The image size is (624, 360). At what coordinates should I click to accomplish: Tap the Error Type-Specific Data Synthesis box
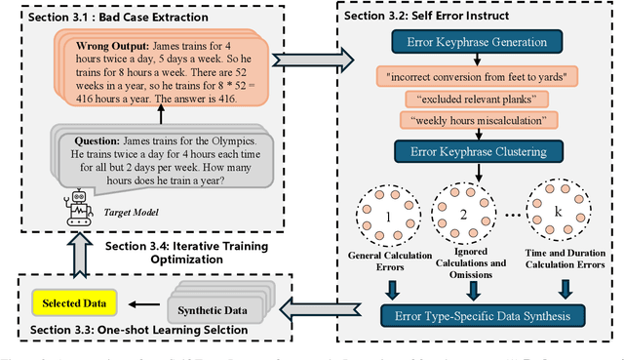[473, 315]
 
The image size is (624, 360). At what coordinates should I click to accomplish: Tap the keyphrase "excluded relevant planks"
[473, 98]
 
